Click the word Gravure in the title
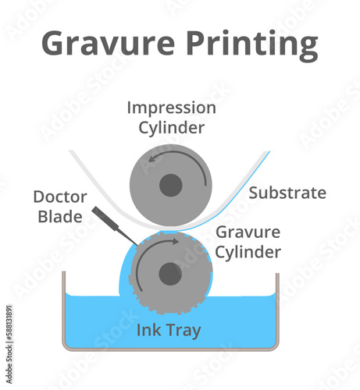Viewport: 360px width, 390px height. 108,43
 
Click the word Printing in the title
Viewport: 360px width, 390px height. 252,45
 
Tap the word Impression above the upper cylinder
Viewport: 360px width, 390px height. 171,108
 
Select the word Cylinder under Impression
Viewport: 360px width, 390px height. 171,127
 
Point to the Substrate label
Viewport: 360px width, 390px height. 287,193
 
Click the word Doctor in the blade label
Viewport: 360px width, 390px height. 60,197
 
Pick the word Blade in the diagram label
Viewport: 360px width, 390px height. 60,216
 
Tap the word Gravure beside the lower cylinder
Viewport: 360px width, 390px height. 248,232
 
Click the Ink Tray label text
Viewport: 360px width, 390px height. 169,330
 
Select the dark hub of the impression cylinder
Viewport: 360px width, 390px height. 170,186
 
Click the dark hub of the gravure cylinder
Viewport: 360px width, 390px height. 170,274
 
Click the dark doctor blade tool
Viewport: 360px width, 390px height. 115,225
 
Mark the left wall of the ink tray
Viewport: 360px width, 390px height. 64,310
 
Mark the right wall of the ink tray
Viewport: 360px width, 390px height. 277,310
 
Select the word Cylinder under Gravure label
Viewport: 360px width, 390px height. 248,252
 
